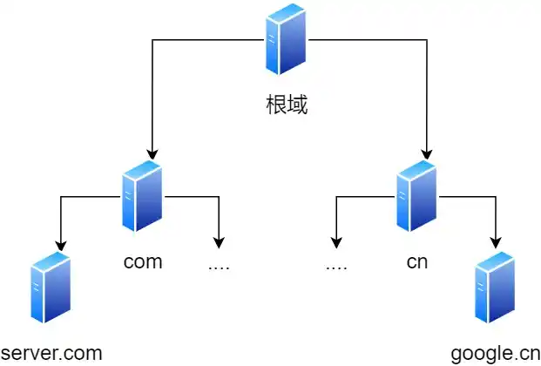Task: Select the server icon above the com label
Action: coord(143,196)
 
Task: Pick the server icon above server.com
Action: coord(50,288)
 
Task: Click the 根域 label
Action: coord(287,106)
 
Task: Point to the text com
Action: coord(143,261)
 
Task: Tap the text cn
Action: coord(417,261)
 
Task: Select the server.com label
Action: coord(52,353)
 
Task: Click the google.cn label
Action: coord(496,353)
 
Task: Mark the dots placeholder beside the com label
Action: coord(219,265)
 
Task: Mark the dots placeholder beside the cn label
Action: coord(336,265)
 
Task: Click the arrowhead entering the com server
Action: coord(152,153)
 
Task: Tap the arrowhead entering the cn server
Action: coord(427,153)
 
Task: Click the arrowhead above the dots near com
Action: coord(219,242)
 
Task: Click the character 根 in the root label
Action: coord(276,106)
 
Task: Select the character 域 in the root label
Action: coord(298,106)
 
